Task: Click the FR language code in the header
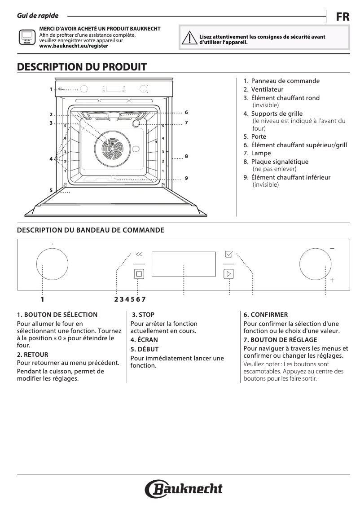[x=342, y=17]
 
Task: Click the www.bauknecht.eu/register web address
[x=74, y=46]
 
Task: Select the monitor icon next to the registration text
[x=26, y=37]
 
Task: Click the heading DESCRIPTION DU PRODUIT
[x=82, y=67]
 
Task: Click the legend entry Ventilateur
[x=267, y=89]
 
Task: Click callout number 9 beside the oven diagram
[x=186, y=178]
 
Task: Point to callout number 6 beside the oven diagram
[x=186, y=112]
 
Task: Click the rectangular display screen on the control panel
[x=184, y=264]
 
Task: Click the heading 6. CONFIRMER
[x=266, y=315]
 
